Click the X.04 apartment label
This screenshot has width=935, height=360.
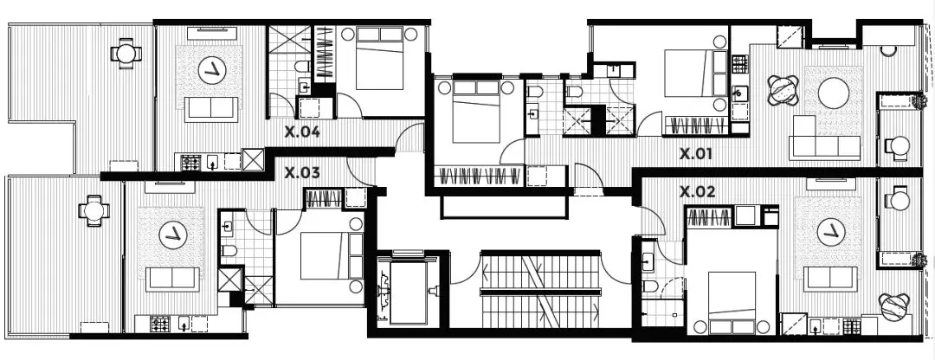(302, 132)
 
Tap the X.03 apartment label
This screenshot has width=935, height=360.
(302, 173)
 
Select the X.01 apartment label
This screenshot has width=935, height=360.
(696, 154)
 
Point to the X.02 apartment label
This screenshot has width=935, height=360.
(698, 192)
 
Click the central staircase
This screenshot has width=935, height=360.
(539, 289)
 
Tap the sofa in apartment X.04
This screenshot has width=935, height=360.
(211, 109)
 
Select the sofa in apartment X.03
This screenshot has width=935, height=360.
(173, 280)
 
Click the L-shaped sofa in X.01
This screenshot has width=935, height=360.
(824, 138)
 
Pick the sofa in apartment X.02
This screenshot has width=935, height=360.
(830, 279)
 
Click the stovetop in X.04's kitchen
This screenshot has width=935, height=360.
(190, 163)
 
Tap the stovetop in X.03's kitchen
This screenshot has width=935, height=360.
(159, 325)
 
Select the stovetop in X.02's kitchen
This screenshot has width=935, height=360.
(852, 326)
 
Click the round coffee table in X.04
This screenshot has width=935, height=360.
(211, 73)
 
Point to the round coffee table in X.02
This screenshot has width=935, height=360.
(830, 232)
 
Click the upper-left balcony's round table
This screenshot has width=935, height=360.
(126, 54)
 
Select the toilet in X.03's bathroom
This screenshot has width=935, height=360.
(229, 251)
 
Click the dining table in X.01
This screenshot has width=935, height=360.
(783, 90)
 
